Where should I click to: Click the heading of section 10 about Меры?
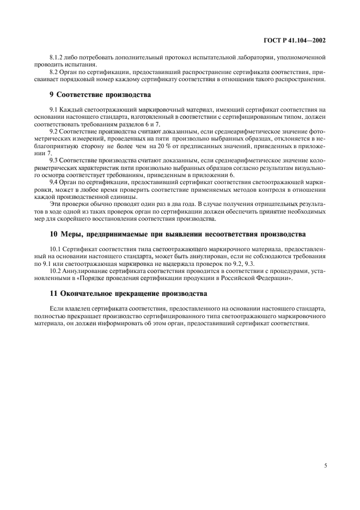click(177, 234)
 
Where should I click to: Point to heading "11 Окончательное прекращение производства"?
click(128, 293)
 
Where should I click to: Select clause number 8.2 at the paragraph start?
click(53, 72)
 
